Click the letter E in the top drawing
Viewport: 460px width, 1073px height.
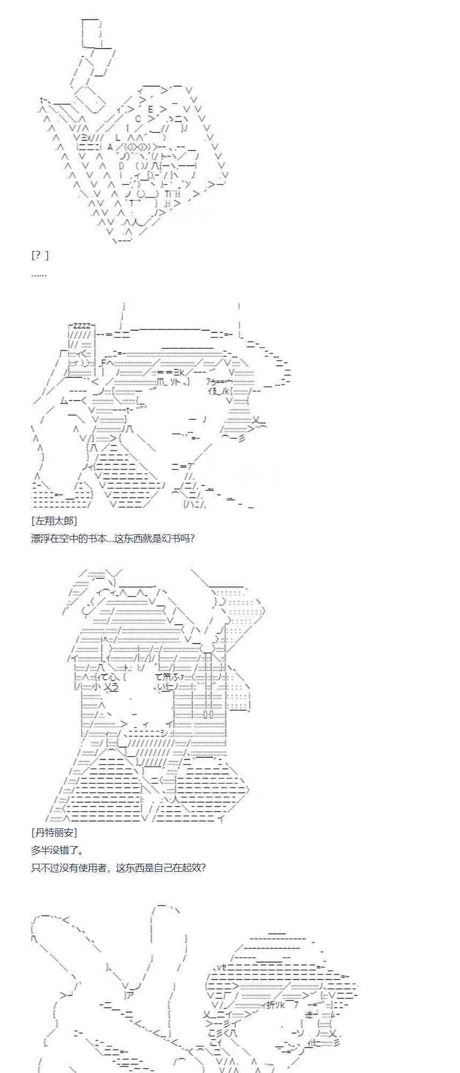coord(150,109)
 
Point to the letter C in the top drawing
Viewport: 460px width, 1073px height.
coord(138,119)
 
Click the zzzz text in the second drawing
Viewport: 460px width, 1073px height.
coord(82,326)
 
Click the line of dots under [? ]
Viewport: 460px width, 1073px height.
coord(39,274)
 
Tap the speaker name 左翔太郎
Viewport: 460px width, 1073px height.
coord(54,520)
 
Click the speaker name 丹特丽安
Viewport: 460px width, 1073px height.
coord(54,832)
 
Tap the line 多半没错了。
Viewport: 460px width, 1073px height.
coord(57,850)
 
